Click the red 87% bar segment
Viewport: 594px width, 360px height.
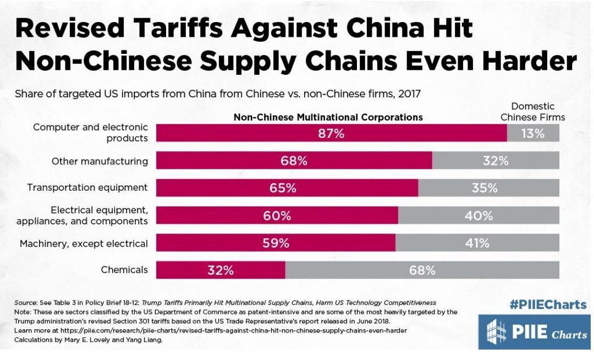click(x=331, y=134)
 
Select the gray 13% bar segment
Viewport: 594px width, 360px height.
click(x=532, y=134)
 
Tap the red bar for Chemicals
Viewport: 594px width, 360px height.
click(x=221, y=270)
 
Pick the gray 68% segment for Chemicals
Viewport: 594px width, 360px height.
click(x=422, y=270)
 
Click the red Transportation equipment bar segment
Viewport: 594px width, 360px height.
click(x=287, y=188)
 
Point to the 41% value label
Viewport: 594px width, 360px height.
click(x=477, y=243)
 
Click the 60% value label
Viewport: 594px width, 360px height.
click(x=277, y=215)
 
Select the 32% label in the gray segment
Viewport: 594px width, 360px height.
click(x=495, y=161)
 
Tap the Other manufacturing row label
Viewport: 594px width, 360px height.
click(x=100, y=161)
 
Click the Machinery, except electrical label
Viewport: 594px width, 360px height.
click(x=84, y=243)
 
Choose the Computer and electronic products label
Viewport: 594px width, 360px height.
click(x=90, y=132)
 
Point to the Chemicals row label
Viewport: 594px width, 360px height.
click(x=124, y=270)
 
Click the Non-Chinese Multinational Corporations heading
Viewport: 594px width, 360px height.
click(x=328, y=117)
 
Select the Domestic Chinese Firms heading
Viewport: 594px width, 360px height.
click(x=532, y=112)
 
